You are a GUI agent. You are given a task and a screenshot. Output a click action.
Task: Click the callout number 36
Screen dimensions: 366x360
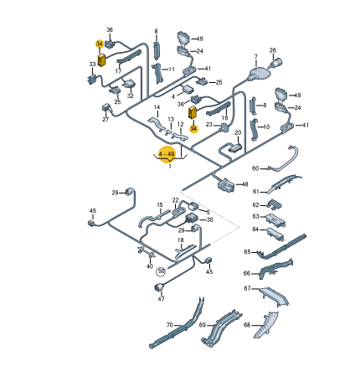[x=110, y=29]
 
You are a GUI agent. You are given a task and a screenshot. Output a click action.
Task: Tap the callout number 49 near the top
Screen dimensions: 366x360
[x=199, y=38]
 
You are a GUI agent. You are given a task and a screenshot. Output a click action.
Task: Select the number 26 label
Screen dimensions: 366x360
[x=272, y=49]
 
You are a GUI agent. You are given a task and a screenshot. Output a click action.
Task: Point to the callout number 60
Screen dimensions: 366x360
[x=255, y=168]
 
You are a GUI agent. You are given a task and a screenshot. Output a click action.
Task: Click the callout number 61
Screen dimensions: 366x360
[x=256, y=190]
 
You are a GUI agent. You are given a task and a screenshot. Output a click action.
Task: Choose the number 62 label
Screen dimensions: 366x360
[x=256, y=204]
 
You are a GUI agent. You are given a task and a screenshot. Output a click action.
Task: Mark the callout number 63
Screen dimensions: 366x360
[x=255, y=215]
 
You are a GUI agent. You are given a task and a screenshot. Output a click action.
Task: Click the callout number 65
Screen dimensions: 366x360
[x=247, y=251]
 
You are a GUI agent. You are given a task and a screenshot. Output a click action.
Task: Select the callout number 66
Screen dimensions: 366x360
[x=247, y=272]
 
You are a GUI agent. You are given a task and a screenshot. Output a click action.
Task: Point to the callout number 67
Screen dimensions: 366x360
[x=247, y=289]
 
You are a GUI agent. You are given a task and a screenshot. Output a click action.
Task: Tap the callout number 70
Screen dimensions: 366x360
[x=168, y=325]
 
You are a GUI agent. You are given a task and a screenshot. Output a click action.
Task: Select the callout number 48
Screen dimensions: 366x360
[x=244, y=184]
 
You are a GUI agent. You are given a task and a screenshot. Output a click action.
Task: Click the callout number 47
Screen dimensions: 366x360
[x=162, y=298]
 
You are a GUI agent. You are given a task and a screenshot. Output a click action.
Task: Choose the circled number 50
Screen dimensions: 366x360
[x=161, y=271]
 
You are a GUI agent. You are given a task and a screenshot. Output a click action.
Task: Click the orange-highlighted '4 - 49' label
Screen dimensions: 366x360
[x=167, y=154]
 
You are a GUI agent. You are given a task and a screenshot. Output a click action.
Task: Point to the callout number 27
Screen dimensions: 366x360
[x=106, y=120]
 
